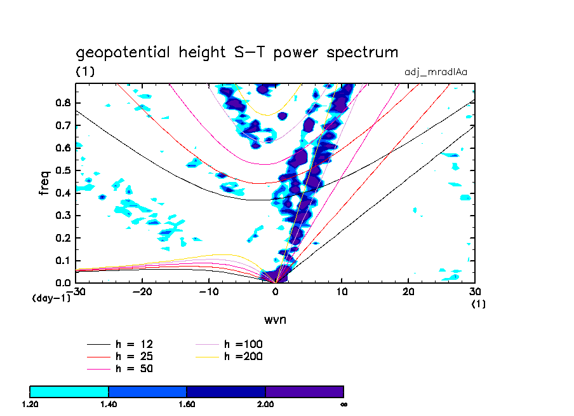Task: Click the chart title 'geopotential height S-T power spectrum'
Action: (237, 52)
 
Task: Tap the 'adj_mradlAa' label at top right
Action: (436, 72)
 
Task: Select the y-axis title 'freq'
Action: (44, 182)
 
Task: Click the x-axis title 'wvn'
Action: (275, 319)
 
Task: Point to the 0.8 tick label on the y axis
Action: (63, 103)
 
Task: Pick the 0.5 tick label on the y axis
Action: (63, 170)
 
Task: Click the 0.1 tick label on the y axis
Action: (63, 260)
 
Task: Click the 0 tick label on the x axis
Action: (276, 292)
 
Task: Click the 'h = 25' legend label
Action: (133, 356)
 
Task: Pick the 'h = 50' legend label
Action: (133, 368)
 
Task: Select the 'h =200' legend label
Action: (243, 356)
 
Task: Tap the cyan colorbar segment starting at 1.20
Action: (69, 391)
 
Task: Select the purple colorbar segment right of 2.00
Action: (304, 391)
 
